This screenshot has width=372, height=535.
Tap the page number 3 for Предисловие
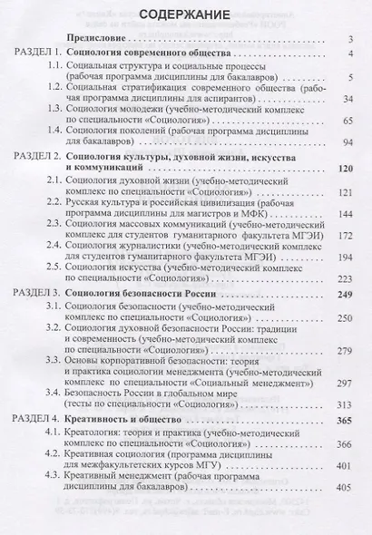(x=349, y=42)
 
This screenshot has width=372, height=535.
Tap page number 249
(x=344, y=296)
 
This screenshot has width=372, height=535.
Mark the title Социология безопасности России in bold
(x=134, y=296)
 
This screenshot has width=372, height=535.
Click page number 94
(x=347, y=141)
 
